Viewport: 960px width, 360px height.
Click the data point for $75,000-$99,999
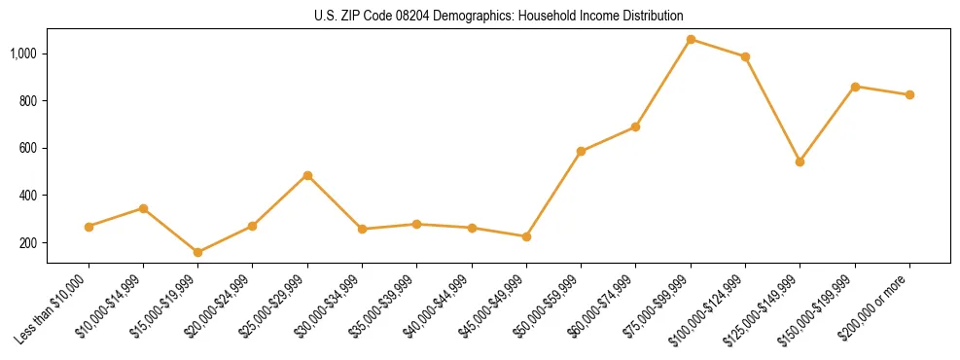691,40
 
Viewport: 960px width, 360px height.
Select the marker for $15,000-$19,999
197,252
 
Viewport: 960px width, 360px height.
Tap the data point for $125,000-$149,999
800,162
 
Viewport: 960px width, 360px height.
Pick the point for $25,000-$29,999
307,175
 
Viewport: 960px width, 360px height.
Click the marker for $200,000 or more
909,94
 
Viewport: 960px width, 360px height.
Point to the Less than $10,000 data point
89,227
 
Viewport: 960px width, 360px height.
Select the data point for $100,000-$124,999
745,56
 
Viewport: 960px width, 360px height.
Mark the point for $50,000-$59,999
581,151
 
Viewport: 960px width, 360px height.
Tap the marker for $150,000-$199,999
855,87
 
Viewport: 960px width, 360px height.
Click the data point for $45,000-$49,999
526,236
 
